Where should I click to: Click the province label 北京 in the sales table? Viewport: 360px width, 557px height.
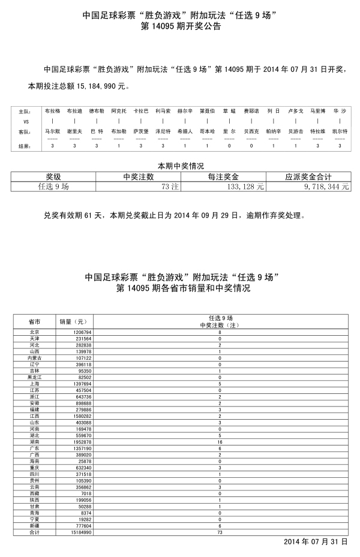point(34,332)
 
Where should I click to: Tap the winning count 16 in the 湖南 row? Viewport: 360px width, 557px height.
point(220,441)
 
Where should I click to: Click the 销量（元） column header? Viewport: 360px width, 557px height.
point(73,321)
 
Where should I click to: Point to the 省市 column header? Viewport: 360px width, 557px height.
point(34,321)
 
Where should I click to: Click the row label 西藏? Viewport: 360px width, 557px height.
point(34,493)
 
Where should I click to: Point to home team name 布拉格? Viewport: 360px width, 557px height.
point(52,112)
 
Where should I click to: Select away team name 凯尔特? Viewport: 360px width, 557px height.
point(340,131)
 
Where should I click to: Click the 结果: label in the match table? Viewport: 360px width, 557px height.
point(24,146)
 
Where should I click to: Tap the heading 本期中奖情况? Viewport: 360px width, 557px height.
point(181,165)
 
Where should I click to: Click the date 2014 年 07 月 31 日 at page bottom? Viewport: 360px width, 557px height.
point(316,541)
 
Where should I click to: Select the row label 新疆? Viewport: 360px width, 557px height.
point(34,526)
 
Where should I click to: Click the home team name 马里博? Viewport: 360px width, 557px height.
point(317,112)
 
